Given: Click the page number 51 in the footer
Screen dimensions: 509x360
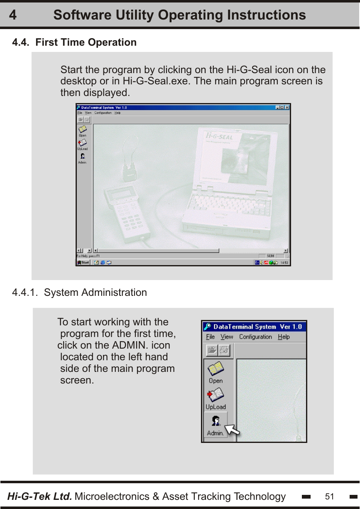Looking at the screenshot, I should pyautogui.click(x=329, y=497).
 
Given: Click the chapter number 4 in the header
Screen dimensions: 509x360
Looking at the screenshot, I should pyautogui.click(x=13, y=15).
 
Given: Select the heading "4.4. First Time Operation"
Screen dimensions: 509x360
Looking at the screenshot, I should pyautogui.click(x=74, y=42).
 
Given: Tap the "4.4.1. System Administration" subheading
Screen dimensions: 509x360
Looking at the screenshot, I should pyautogui.click(x=79, y=293).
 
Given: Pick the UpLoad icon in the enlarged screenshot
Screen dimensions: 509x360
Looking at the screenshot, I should pyautogui.click(x=216, y=398).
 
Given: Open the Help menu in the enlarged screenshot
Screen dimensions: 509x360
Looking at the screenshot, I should pyautogui.click(x=284, y=337).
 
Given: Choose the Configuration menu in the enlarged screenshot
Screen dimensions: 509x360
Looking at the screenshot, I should pyautogui.click(x=255, y=337).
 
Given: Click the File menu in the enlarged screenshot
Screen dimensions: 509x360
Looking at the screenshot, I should pyautogui.click(x=211, y=337).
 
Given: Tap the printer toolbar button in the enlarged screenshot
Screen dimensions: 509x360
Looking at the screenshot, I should pyautogui.click(x=224, y=351).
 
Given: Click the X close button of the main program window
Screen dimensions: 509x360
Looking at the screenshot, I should pyautogui.click(x=287, y=107).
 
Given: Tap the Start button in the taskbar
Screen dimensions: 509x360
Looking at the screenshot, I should pyautogui.click(x=83, y=263).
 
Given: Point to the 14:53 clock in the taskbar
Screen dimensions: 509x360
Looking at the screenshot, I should pyautogui.click(x=284, y=263).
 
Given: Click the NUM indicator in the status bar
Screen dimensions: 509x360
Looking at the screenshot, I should pyautogui.click(x=270, y=256).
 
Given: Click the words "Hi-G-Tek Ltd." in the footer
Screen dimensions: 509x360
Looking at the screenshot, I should pyautogui.click(x=40, y=497).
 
